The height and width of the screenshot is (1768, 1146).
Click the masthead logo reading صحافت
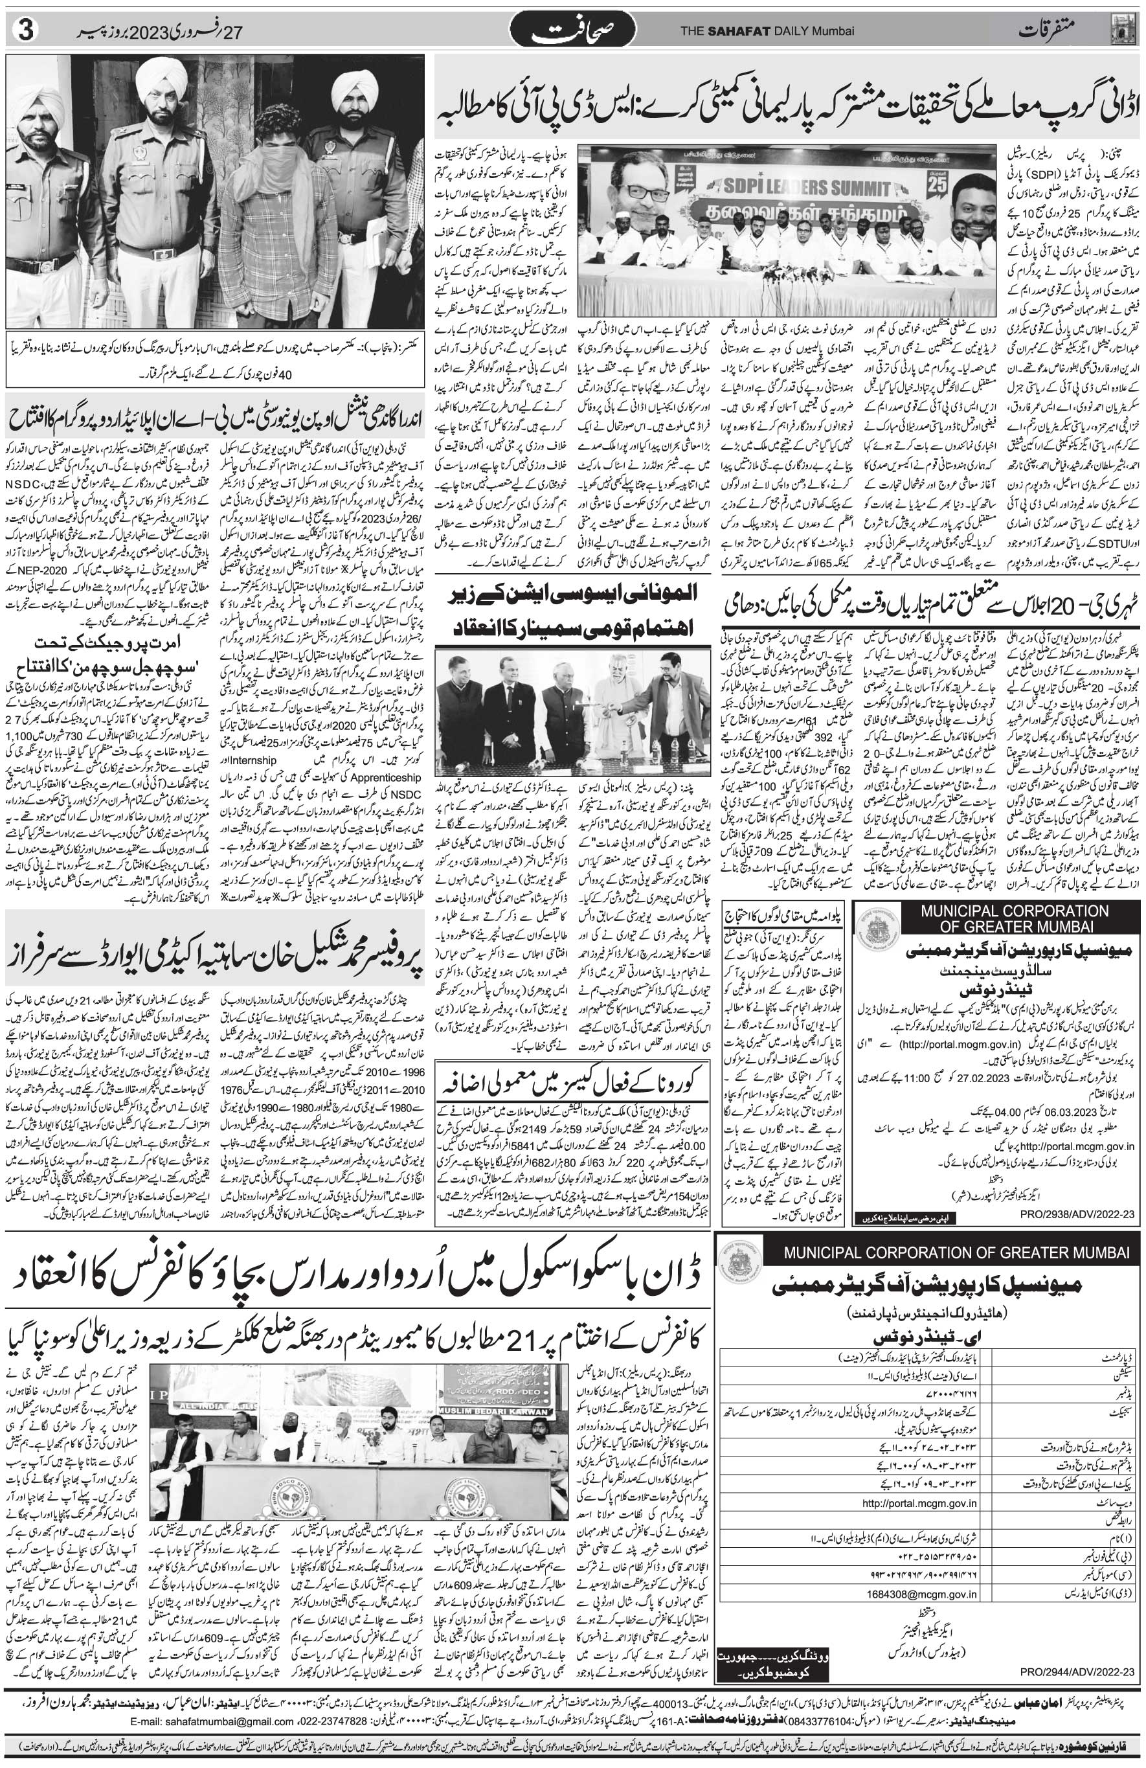(x=572, y=32)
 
